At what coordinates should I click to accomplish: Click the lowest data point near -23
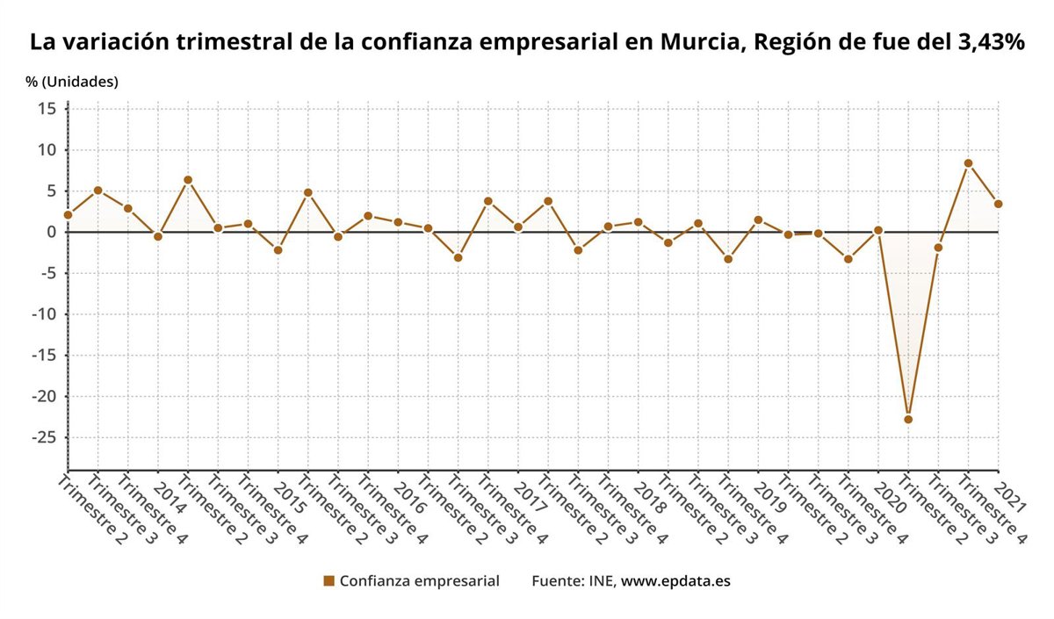[x=908, y=420]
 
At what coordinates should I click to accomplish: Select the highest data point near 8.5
[x=968, y=163]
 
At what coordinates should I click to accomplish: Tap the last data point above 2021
[x=998, y=204]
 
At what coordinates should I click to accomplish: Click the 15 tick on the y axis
[x=47, y=109]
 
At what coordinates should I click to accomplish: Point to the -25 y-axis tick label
[x=43, y=437]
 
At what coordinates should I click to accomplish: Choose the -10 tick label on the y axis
[x=43, y=314]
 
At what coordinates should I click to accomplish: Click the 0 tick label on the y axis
[x=51, y=232]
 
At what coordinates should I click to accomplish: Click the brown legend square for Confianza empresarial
[x=329, y=581]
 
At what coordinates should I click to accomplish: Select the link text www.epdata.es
[x=675, y=581]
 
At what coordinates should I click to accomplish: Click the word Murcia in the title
[x=698, y=42]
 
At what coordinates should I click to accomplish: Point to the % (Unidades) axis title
[x=72, y=82]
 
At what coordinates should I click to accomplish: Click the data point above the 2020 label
[x=878, y=230]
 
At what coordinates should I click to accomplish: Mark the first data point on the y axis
[x=69, y=214]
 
